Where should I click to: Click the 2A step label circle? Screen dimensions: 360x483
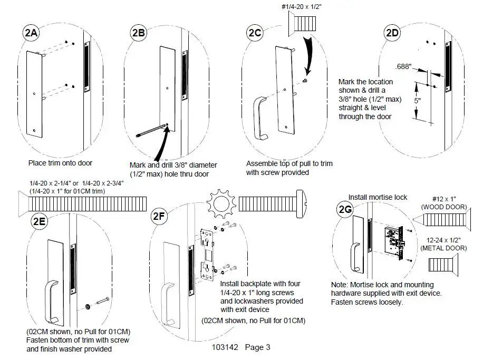coord(30,34)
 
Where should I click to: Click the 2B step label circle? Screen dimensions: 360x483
coord(138,32)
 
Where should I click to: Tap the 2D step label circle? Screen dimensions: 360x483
coord(392,32)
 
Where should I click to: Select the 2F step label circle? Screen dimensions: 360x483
coord(160,216)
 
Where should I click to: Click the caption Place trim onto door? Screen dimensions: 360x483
coord(60,163)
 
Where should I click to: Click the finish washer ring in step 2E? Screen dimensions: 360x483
coord(88,306)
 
